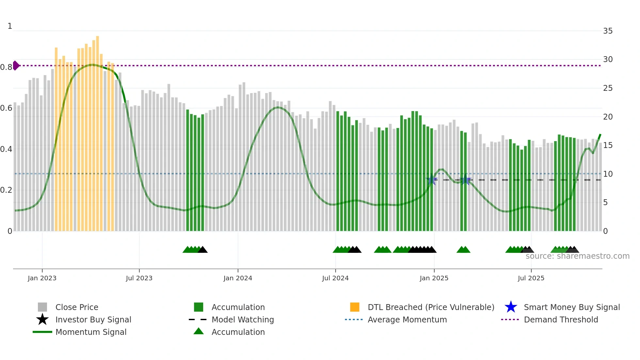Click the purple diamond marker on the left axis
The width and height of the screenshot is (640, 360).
point(16,65)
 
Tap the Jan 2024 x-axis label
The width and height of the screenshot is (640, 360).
point(238,278)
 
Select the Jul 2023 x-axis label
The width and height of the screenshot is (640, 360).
point(139,278)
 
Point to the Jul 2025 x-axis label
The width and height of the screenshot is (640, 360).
point(531,278)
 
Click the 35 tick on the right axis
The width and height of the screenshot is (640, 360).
point(608,31)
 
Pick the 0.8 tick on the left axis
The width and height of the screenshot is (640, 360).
point(6,67)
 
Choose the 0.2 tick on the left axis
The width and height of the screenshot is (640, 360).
point(6,190)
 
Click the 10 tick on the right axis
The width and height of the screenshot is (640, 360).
point(608,174)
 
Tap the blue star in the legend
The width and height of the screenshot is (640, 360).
point(511,307)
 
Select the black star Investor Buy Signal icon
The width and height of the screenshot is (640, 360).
point(42,319)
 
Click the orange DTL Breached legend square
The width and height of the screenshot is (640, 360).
point(355,307)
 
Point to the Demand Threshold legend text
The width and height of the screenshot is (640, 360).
point(561,319)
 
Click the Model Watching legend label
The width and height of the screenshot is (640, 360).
point(243,319)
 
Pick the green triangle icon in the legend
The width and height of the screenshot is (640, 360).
point(199,332)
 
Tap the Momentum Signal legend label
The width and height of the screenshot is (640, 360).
point(91,332)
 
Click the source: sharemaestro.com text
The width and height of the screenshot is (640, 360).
point(577,256)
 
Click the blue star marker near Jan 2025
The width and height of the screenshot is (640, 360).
point(432,179)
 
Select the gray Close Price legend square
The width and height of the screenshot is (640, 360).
point(42,307)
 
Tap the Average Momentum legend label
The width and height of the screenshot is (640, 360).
point(407,319)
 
